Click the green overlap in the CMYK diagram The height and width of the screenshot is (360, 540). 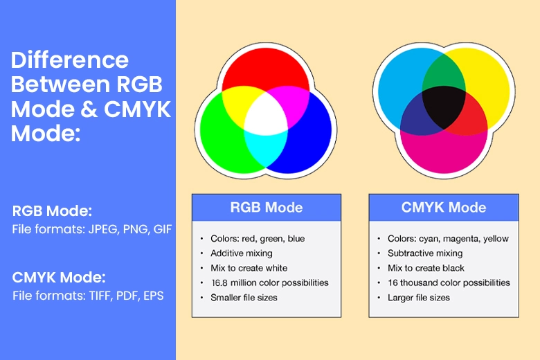coord(444,72)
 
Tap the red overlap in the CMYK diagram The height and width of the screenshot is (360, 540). coord(472,116)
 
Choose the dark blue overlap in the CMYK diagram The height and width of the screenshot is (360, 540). coord(417,116)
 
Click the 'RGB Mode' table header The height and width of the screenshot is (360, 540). coord(267,208)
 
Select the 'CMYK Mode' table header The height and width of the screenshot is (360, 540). coord(444,208)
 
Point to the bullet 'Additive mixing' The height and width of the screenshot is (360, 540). coord(242,253)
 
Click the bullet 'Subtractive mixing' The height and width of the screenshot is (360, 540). coord(425,253)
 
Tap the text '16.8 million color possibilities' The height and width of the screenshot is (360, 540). coord(270,283)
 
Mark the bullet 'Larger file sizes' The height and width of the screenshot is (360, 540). coord(419,298)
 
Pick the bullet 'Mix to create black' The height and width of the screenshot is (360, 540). coord(426,268)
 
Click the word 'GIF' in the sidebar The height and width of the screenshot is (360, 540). coord(163,229)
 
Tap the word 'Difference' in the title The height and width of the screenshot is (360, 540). coord(70,60)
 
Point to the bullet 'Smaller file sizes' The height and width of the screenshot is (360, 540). coord(244,298)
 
